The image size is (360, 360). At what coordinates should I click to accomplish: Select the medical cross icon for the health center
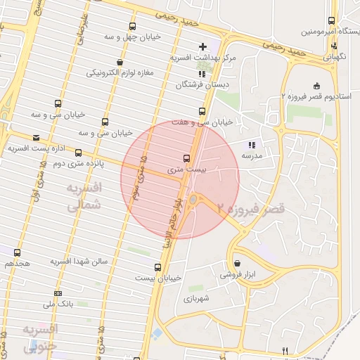tap(204, 46)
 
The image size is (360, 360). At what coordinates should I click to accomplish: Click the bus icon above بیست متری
tap(186, 158)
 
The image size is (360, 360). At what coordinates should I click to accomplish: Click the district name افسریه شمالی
tap(85, 196)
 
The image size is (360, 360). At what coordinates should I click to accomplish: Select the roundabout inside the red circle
tap(194, 199)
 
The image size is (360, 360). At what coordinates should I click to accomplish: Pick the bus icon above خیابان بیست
tap(157, 267)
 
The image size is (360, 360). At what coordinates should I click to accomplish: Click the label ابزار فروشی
tap(236, 275)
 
